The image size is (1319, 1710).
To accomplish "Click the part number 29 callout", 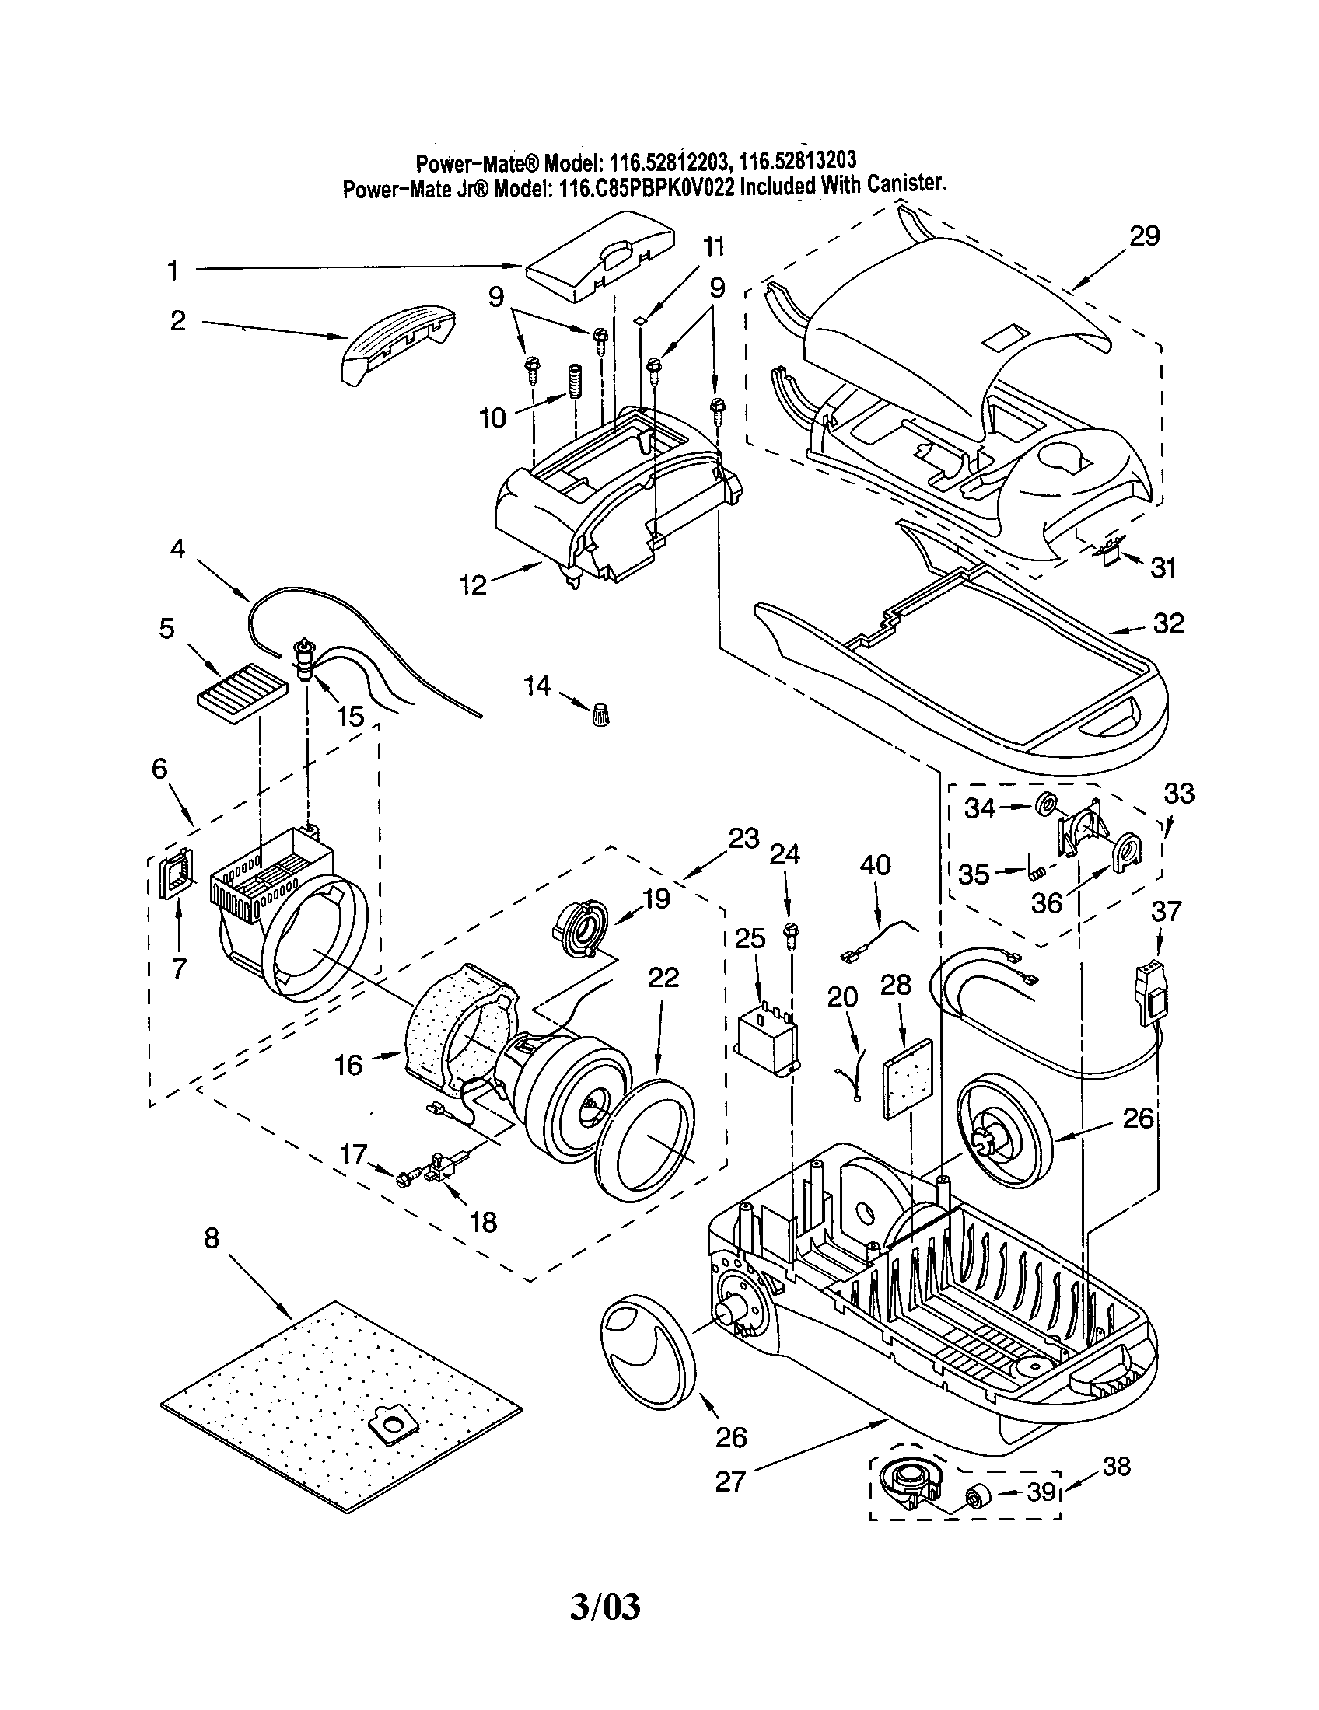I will click(1144, 236).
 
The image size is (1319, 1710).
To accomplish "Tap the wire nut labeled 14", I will click(600, 714).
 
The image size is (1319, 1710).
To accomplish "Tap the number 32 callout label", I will click(1169, 624).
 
